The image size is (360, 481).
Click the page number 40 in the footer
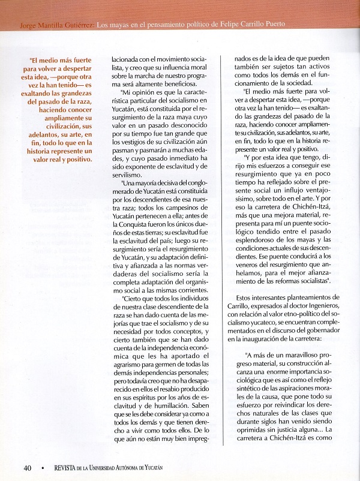coord(28,468)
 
